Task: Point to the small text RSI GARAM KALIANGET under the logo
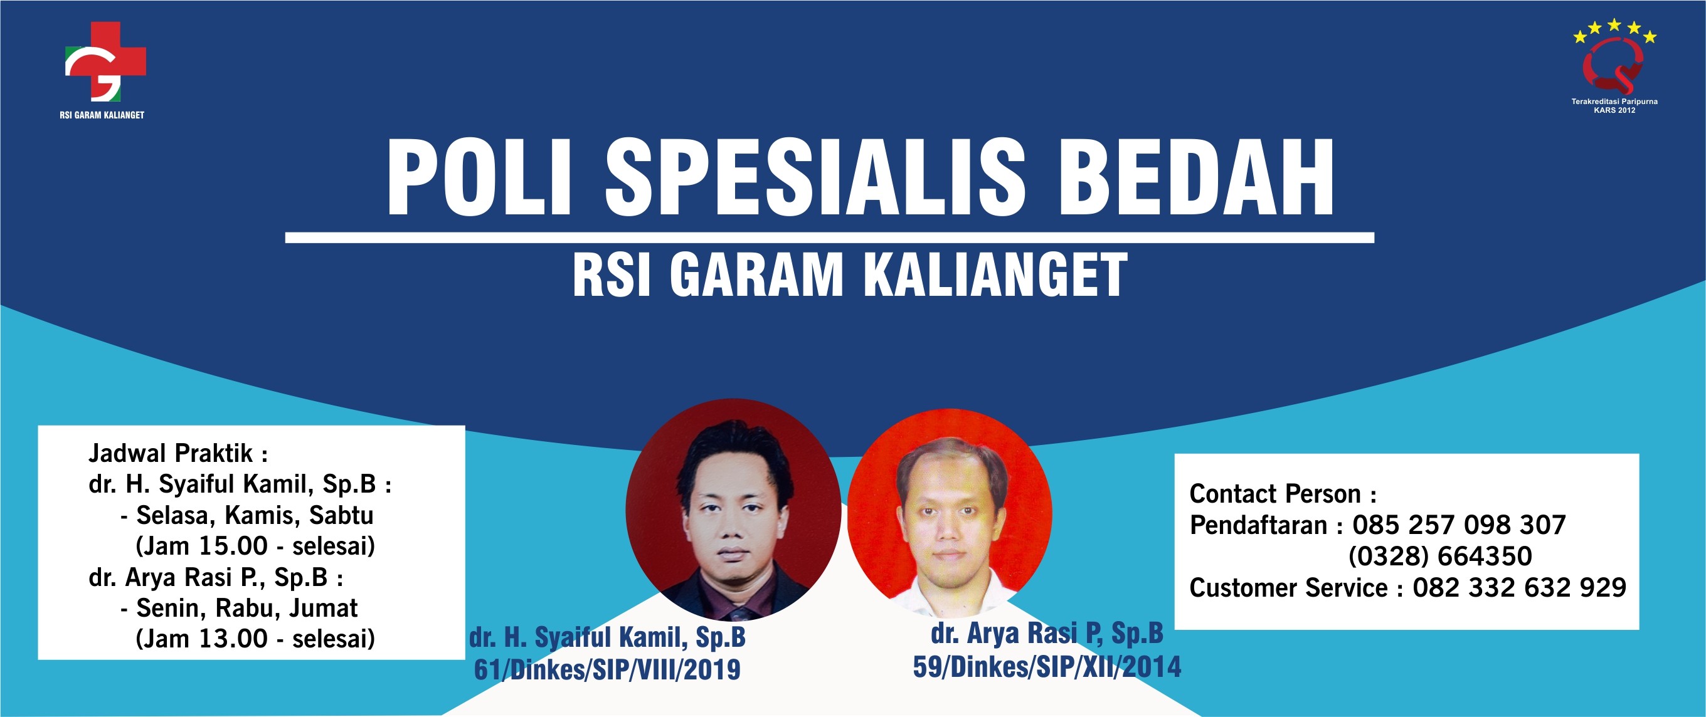[102, 115]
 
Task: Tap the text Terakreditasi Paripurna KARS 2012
[1614, 106]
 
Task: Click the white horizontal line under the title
[829, 238]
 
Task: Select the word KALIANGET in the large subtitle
[995, 275]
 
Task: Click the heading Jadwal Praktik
[177, 454]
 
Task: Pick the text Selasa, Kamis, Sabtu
[255, 516]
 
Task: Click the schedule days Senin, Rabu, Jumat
[247, 609]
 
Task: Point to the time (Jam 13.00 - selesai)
[255, 639]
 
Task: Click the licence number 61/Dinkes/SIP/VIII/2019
[607, 670]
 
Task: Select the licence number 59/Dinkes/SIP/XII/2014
[1047, 667]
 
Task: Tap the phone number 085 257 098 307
[1459, 526]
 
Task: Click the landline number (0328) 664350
[1441, 557]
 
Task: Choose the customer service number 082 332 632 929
[1519, 588]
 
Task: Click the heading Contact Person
[1283, 495]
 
